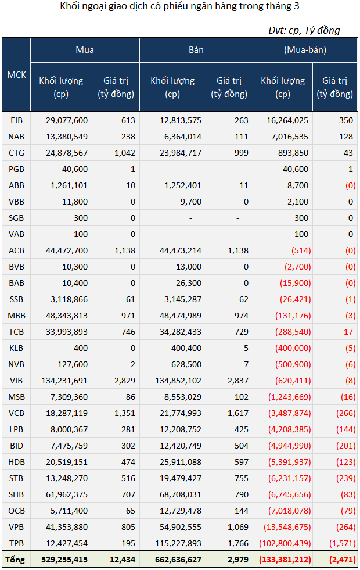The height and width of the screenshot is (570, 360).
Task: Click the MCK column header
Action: (x=16, y=74)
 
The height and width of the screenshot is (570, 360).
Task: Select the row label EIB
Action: (x=16, y=120)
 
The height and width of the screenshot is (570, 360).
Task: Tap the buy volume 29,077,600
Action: (x=66, y=120)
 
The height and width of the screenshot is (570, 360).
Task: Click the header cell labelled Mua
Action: (x=85, y=50)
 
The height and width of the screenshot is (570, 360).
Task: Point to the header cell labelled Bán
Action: (x=196, y=50)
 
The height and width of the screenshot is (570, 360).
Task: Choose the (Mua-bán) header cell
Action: (x=305, y=50)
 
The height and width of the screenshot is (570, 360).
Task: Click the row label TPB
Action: (x=16, y=543)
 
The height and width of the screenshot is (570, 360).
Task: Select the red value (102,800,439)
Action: (x=285, y=543)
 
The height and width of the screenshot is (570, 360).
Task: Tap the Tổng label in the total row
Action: (x=15, y=560)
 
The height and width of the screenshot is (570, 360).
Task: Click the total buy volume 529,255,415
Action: (x=64, y=560)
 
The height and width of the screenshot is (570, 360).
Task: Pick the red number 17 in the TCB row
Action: (x=348, y=332)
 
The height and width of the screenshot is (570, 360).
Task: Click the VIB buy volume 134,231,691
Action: (x=64, y=381)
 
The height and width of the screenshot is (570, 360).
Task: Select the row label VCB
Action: (x=16, y=413)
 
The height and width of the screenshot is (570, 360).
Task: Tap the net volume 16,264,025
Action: (x=287, y=120)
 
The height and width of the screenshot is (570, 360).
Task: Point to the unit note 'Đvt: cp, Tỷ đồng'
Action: (x=304, y=30)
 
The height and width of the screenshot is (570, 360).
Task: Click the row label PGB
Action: (x=16, y=169)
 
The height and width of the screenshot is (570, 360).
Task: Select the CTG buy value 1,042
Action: (x=125, y=153)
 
